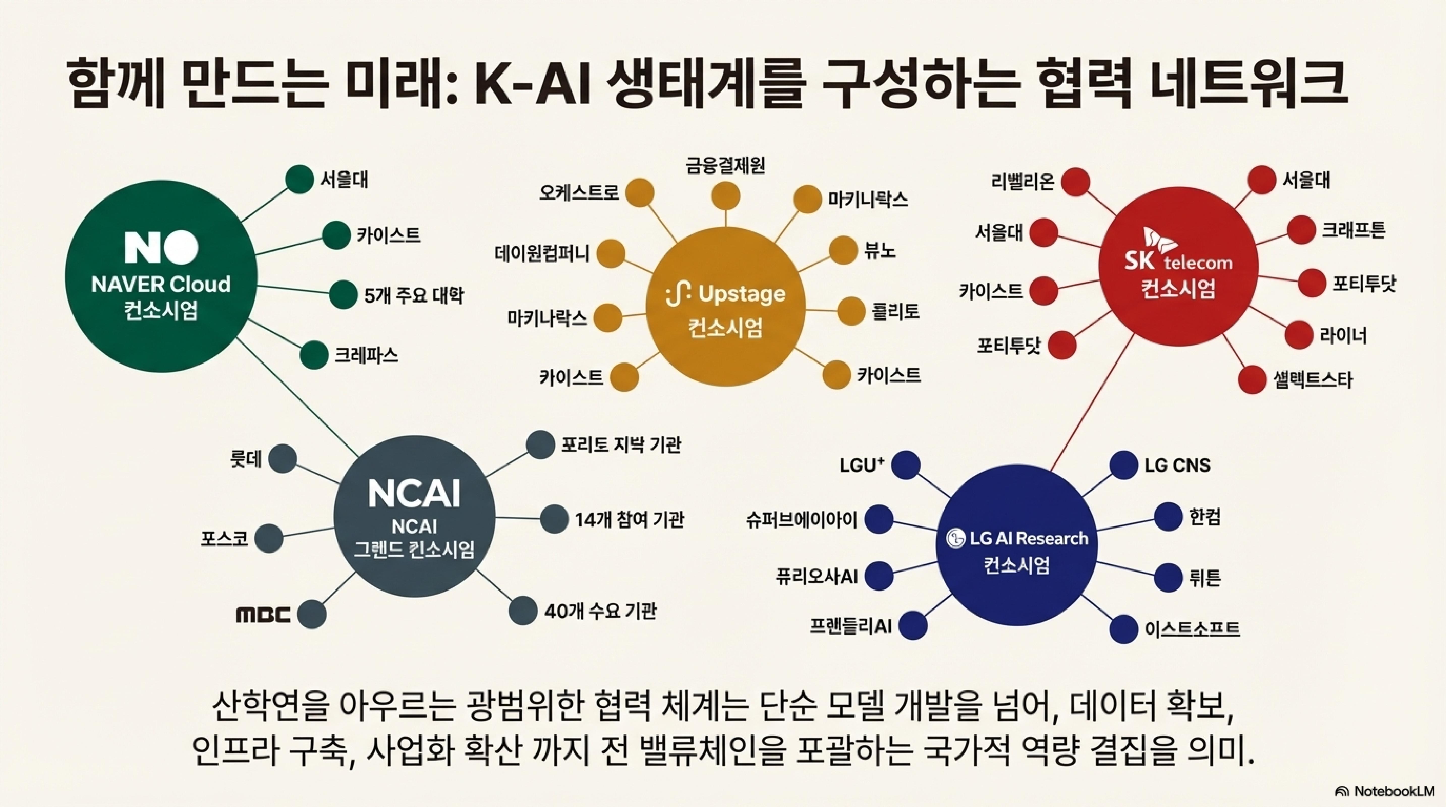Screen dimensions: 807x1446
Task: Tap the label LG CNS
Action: coord(1177,465)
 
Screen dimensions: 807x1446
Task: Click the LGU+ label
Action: coord(862,465)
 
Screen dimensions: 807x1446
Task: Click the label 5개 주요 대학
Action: coord(414,295)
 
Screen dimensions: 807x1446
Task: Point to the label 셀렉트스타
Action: coord(1312,380)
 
